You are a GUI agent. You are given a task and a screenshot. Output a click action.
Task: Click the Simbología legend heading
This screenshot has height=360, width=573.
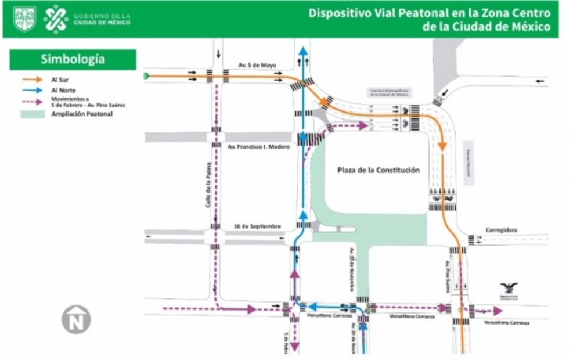pos(73,59)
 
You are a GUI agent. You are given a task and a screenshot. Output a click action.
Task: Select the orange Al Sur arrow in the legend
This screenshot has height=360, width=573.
pos(33,79)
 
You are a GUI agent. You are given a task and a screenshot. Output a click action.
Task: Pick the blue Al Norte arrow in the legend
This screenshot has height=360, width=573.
pos(33,90)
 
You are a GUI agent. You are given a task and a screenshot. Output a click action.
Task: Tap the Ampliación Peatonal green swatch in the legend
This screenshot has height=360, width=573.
pos(33,114)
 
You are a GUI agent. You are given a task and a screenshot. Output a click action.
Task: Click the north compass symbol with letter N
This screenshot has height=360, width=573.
pos(76,319)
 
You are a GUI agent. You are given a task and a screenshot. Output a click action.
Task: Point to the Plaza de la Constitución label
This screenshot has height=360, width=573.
pos(378,170)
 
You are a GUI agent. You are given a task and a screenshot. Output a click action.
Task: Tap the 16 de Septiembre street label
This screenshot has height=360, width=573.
pos(258,226)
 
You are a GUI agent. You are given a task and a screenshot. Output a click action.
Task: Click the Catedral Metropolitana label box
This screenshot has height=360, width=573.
pos(389,92)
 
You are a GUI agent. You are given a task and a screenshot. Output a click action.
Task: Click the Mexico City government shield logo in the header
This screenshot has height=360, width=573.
pos(24,19)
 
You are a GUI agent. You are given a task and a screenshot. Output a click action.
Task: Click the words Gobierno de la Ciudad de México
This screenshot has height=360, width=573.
pos(102,19)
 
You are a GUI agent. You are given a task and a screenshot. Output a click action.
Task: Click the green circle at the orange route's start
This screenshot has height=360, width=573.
pos(146,75)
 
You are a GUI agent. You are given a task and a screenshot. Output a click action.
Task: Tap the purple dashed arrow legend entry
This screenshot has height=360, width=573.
pos(33,102)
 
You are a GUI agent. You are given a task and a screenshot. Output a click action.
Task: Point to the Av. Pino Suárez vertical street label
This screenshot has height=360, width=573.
pos(448,275)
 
